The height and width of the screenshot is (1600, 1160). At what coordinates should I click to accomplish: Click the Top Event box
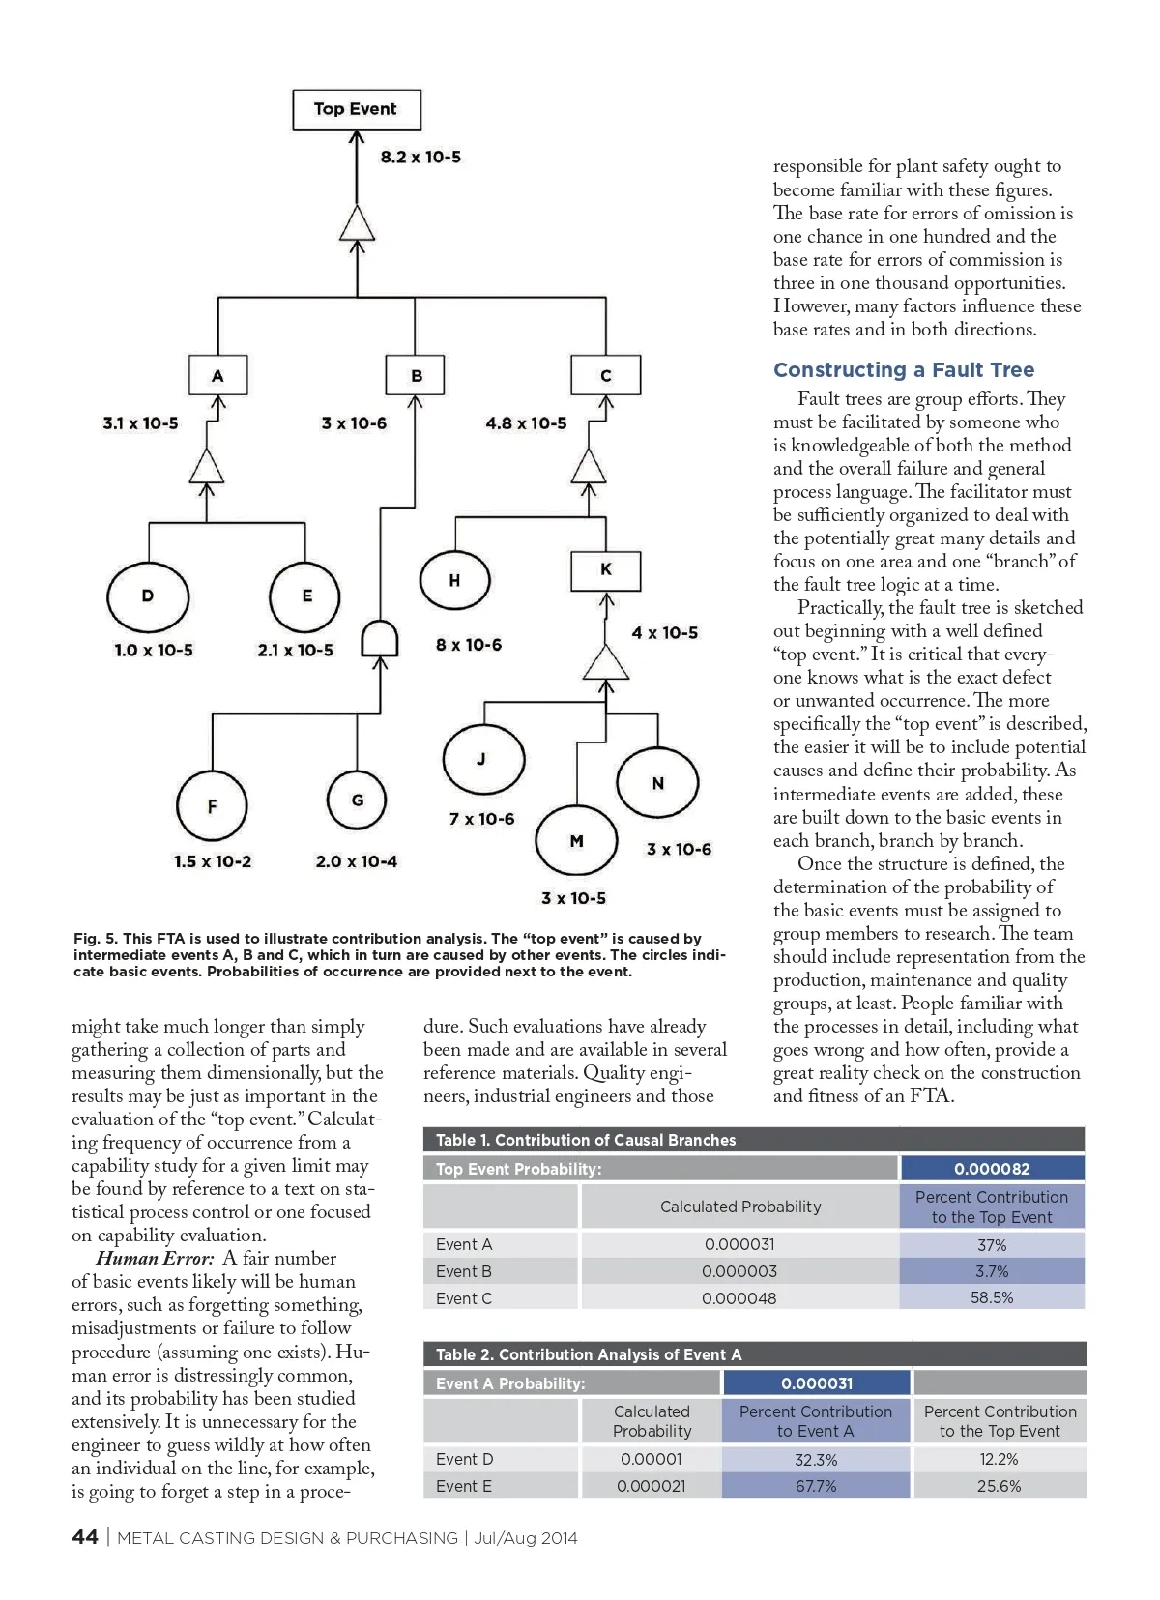(x=357, y=109)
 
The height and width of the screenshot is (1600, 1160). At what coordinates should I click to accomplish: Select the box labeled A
(x=217, y=375)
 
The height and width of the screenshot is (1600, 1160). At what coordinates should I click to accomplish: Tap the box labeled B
(x=416, y=375)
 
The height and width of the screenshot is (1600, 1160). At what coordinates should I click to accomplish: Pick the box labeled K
(x=606, y=570)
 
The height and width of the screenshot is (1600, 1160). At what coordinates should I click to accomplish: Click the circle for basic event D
(x=148, y=596)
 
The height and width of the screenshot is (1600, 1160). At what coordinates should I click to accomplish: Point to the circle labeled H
(x=454, y=581)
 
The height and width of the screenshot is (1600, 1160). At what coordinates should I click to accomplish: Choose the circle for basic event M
(x=576, y=841)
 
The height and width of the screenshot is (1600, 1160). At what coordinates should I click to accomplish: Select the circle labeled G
(x=357, y=800)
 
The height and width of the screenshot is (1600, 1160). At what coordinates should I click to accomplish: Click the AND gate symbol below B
(x=380, y=639)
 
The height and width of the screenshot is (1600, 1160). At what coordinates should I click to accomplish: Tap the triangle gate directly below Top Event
(x=357, y=224)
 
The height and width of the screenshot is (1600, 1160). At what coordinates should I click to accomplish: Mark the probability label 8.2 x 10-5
(x=420, y=157)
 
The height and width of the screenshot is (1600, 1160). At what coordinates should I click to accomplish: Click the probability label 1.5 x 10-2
(x=213, y=861)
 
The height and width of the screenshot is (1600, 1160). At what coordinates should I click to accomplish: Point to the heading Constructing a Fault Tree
(x=904, y=370)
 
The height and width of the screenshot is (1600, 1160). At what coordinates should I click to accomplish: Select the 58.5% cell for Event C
(x=992, y=1297)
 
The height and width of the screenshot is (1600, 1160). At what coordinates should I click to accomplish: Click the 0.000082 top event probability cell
(x=992, y=1169)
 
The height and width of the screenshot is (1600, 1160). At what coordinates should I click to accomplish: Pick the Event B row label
(x=464, y=1271)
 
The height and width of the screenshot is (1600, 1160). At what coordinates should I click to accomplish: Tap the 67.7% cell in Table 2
(x=816, y=1486)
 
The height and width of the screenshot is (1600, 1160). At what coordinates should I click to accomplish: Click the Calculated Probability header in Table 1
(x=740, y=1207)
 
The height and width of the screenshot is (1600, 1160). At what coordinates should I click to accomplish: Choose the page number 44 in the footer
(x=85, y=1537)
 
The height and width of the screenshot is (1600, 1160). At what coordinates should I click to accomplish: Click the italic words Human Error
(x=155, y=1259)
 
